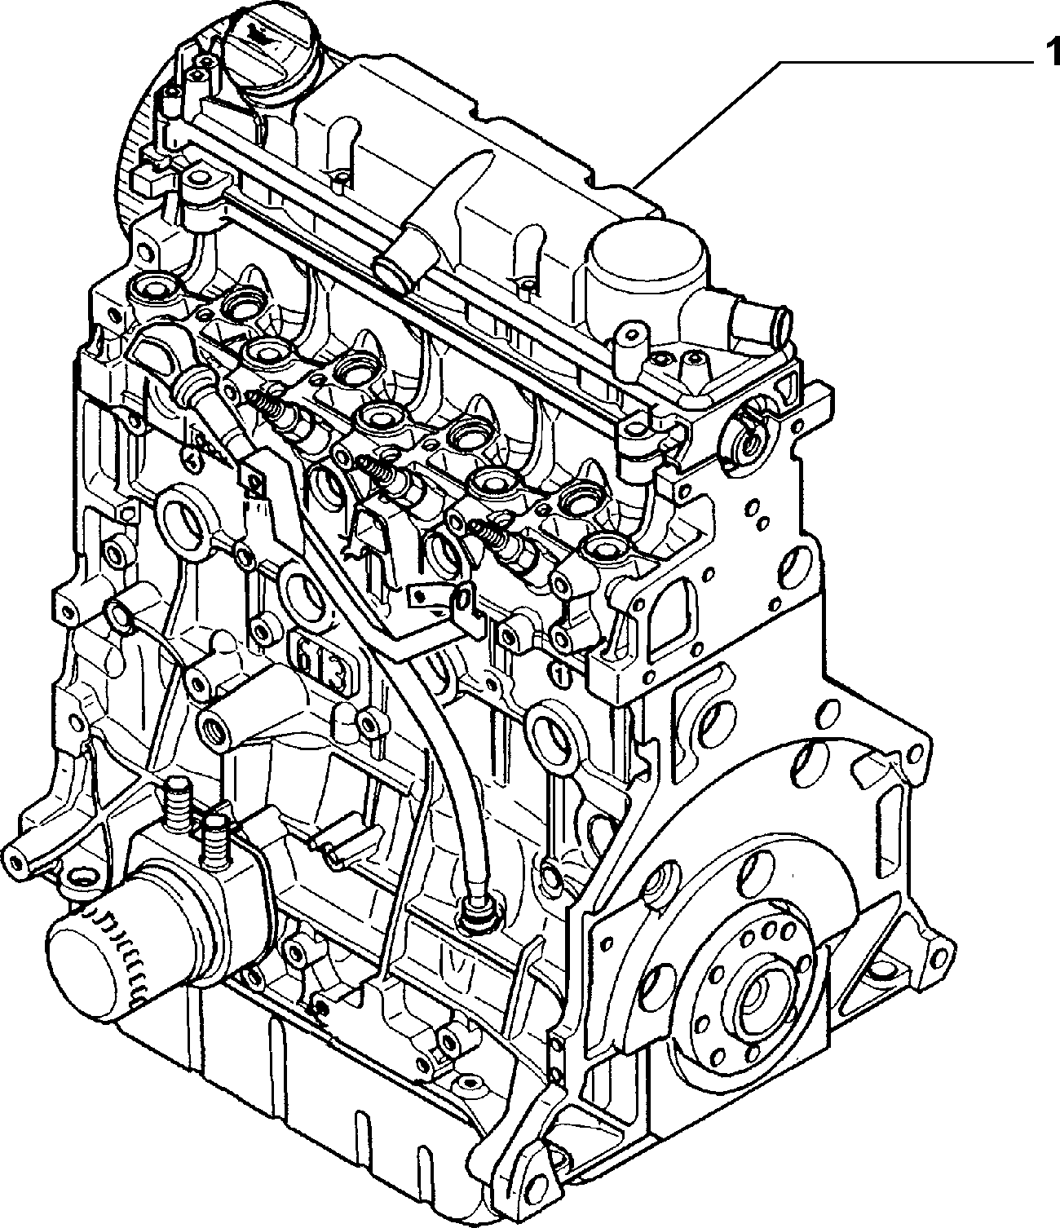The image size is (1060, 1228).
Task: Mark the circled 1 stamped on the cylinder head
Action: pos(560,674)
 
